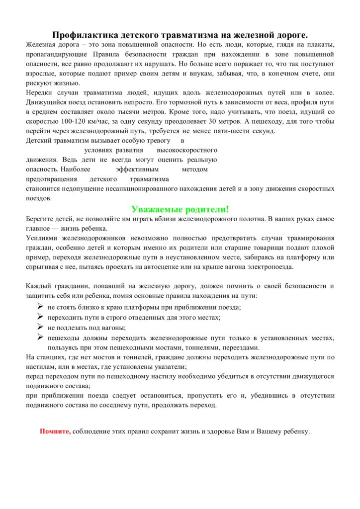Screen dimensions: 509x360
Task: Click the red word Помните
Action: point(55,431)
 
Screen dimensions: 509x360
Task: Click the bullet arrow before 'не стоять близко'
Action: point(40,307)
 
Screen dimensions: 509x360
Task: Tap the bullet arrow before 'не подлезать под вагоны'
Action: point(40,327)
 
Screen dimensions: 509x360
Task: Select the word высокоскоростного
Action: point(187,150)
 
